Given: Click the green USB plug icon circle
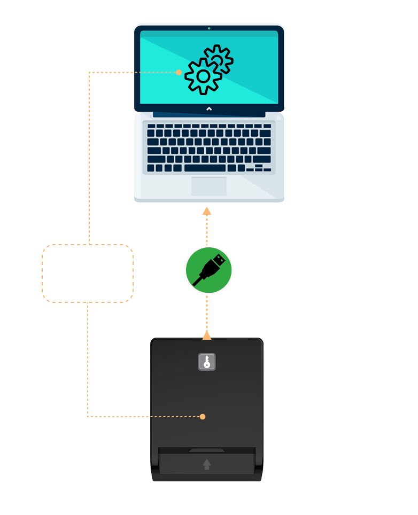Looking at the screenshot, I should (x=208, y=270).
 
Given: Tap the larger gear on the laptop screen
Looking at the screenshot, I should (x=203, y=76).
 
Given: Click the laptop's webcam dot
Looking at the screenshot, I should (x=209, y=28).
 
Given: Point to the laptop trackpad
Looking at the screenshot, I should (x=209, y=186).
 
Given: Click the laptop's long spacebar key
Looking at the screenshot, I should (x=205, y=168).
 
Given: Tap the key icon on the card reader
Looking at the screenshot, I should (x=207, y=362).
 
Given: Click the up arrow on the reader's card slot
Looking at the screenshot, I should (x=207, y=464).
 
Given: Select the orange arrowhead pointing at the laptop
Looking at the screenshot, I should (x=207, y=211).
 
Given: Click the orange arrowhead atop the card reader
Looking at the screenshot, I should (x=207, y=335).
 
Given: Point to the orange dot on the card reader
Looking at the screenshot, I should (x=203, y=417).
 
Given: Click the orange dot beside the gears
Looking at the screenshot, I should (x=179, y=72).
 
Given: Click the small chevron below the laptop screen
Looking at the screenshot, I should (x=209, y=108).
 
